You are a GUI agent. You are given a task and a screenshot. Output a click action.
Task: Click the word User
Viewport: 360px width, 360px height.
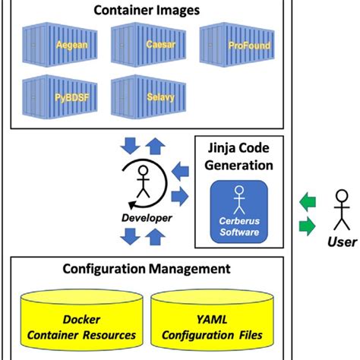click(x=341, y=242)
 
